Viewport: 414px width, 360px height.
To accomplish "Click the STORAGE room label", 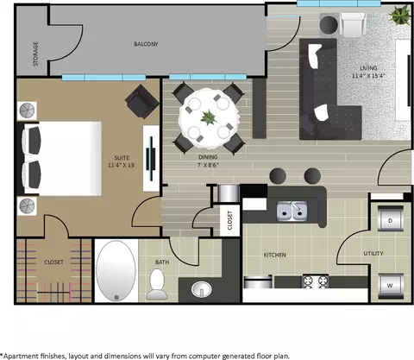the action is pyautogui.click(x=35, y=54).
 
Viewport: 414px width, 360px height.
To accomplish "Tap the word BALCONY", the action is pyautogui.click(x=146, y=44).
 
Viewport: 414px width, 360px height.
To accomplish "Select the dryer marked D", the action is pyautogui.click(x=390, y=218).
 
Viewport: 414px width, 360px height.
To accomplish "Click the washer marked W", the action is pyautogui.click(x=390, y=286).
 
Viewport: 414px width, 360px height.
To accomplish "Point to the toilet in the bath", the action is pyautogui.click(x=157, y=284).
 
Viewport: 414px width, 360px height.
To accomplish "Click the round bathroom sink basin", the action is pyautogui.click(x=202, y=288).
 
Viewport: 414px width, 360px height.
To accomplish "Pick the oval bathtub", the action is pyautogui.click(x=116, y=270).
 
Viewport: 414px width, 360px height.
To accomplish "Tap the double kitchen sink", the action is pyautogui.click(x=292, y=212).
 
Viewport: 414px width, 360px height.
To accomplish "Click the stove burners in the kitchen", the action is pyautogui.click(x=316, y=281).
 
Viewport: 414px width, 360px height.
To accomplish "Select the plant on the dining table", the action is pyautogui.click(x=209, y=118).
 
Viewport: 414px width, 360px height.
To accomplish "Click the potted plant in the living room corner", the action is pyautogui.click(x=400, y=15).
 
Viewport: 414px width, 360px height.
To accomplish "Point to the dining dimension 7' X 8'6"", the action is pyautogui.click(x=209, y=165).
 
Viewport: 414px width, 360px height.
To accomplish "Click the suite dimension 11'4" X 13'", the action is pyautogui.click(x=122, y=165).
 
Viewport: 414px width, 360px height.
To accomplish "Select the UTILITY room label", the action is pyautogui.click(x=373, y=254).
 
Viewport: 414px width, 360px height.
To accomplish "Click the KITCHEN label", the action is pyautogui.click(x=275, y=255).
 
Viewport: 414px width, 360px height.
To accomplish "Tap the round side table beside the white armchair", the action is pyautogui.click(x=329, y=25).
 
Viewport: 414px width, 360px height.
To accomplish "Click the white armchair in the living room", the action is pyautogui.click(x=353, y=24).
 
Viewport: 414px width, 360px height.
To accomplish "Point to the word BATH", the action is pyautogui.click(x=162, y=262).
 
